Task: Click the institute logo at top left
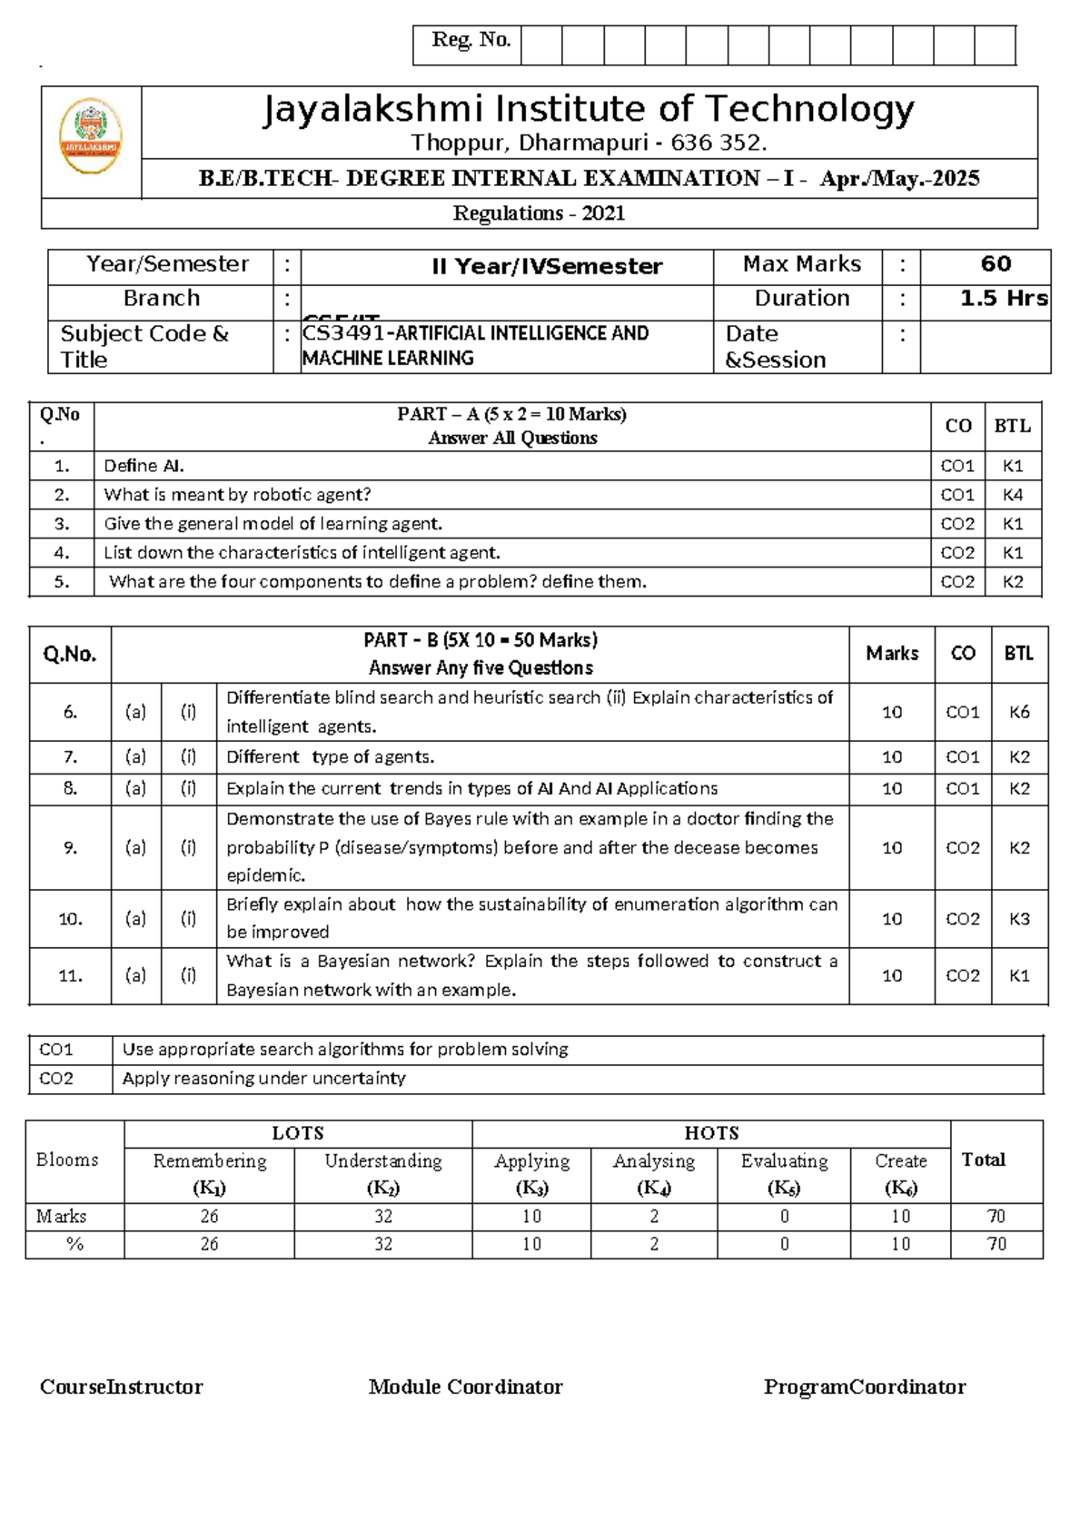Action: point(91,135)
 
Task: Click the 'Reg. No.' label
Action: point(471,40)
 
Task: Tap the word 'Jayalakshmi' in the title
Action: point(373,110)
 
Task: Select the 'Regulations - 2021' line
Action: point(539,213)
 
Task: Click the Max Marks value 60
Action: point(996,264)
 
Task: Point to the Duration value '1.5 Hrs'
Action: point(1004,299)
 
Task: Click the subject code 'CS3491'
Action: point(344,333)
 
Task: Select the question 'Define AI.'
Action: point(144,466)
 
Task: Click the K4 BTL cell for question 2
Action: point(1012,495)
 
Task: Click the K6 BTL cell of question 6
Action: point(1019,712)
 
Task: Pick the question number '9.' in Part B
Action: point(70,847)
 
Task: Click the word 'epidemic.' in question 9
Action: point(265,875)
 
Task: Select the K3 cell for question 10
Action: point(1019,919)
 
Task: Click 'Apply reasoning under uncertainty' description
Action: point(263,1079)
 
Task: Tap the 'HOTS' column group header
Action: point(711,1133)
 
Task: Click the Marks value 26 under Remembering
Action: point(209,1217)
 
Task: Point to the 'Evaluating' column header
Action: point(784,1161)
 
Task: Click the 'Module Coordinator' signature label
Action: point(465,1387)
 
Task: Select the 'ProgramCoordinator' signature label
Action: point(864,1387)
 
